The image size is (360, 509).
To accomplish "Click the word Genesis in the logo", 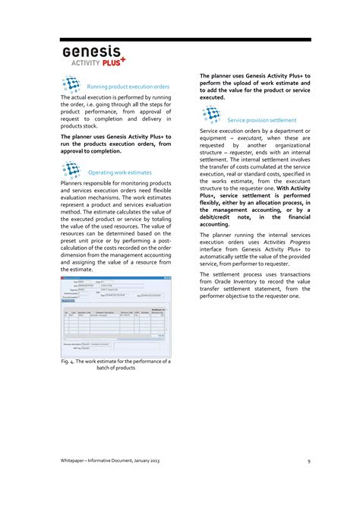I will (92, 52).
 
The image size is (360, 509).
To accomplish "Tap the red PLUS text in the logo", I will (113, 63).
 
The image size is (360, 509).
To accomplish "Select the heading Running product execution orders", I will (128, 87).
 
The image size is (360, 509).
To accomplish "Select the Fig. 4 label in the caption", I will (69, 362).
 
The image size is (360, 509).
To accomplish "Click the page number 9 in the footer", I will (309, 461).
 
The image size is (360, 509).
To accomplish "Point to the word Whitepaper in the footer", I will (77, 461).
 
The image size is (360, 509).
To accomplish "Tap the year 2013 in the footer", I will (153, 461).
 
